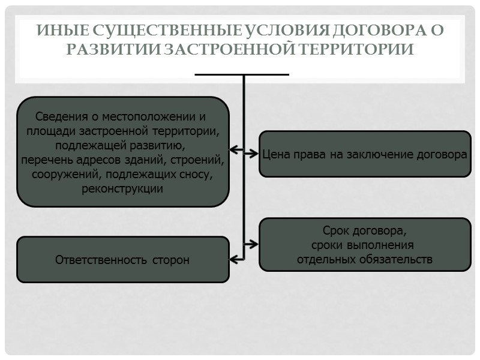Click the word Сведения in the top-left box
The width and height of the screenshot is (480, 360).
(x=62, y=116)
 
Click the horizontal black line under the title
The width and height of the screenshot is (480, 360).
(x=242, y=74)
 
